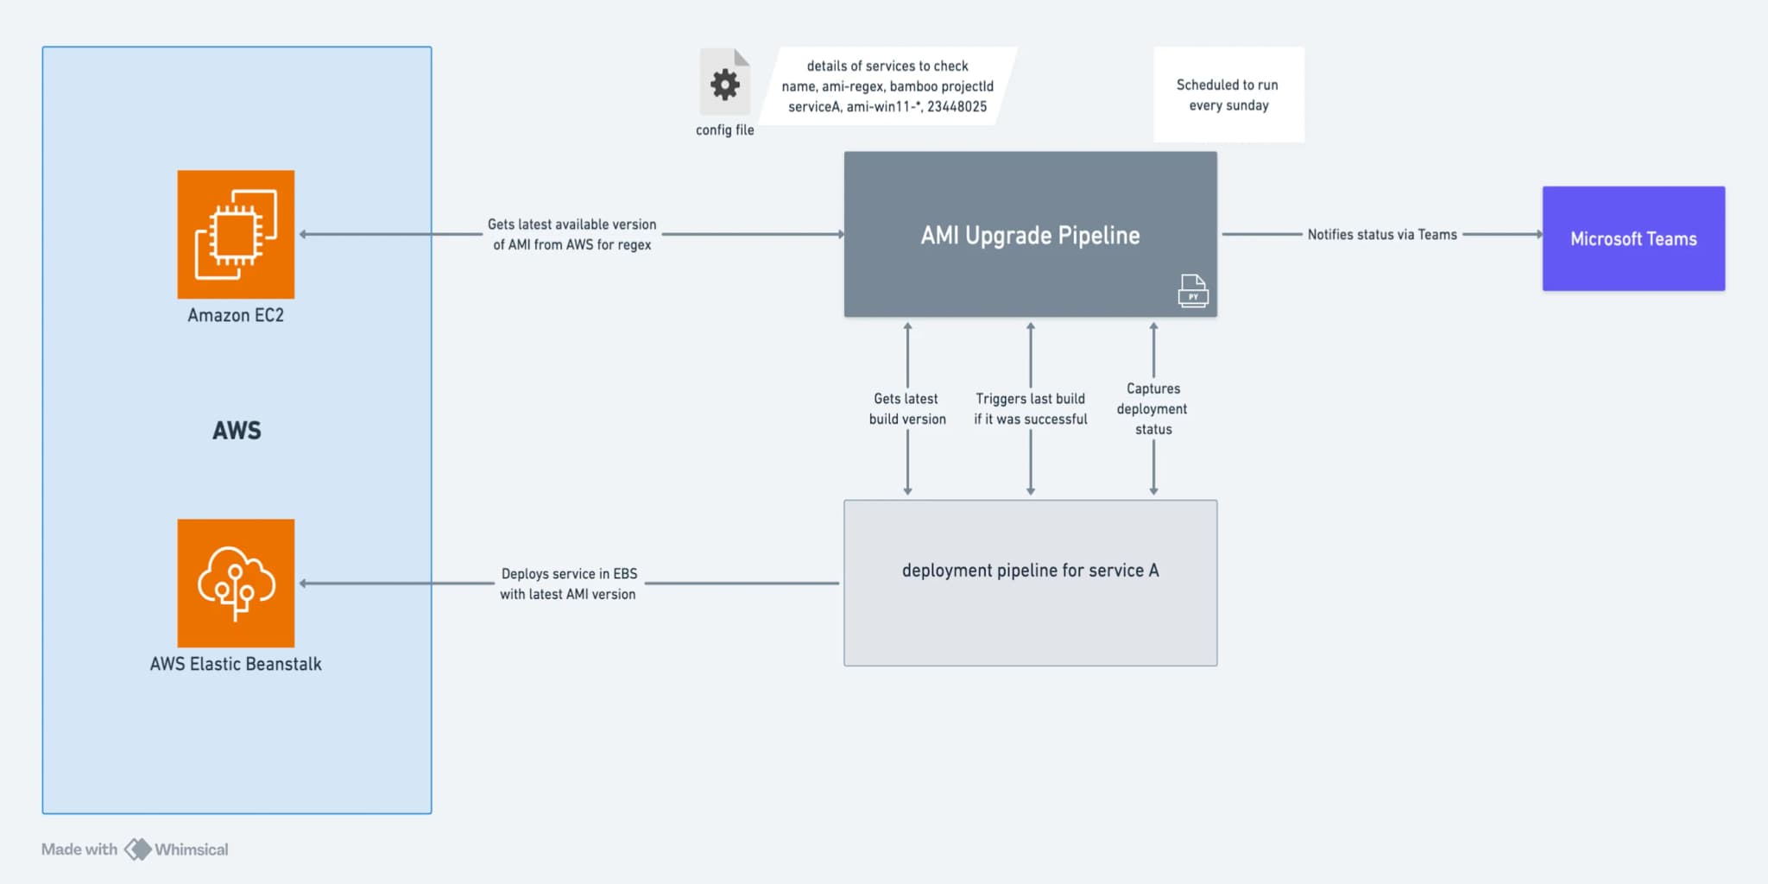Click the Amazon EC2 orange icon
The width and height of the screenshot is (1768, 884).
pyautogui.click(x=236, y=234)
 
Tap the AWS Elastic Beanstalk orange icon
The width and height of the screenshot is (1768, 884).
pyautogui.click(x=236, y=583)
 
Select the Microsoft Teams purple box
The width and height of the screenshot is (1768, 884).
pyautogui.click(x=1633, y=238)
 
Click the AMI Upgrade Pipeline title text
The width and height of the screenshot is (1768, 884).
pyautogui.click(x=1030, y=235)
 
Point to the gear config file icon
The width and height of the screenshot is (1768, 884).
pyautogui.click(x=724, y=84)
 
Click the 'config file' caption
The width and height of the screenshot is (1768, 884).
pyautogui.click(x=724, y=129)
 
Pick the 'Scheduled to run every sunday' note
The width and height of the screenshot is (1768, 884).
pyautogui.click(x=1228, y=95)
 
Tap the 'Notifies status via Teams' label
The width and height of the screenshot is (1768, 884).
pyautogui.click(x=1381, y=234)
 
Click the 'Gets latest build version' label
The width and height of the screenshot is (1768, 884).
pyautogui.click(x=906, y=408)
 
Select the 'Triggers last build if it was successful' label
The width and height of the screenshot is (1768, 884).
pyautogui.click(x=1030, y=408)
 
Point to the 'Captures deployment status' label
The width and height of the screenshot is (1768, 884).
pyautogui.click(x=1152, y=408)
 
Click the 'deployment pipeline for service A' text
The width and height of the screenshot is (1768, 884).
pyautogui.click(x=1030, y=570)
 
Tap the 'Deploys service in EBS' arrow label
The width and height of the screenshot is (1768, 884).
pyautogui.click(x=568, y=584)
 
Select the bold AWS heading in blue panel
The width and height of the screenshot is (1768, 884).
pyautogui.click(x=237, y=430)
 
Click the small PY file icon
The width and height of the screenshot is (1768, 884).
pyautogui.click(x=1193, y=291)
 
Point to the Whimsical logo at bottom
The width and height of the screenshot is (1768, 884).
pyautogui.click(x=138, y=849)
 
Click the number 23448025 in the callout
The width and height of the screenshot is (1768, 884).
pyautogui.click(x=957, y=106)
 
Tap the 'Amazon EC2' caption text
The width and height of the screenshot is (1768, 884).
pyautogui.click(x=236, y=315)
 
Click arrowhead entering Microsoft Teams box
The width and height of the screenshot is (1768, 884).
pyautogui.click(x=1538, y=234)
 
